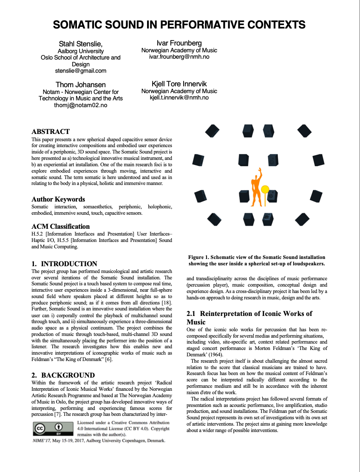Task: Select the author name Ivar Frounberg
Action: click(x=179, y=43)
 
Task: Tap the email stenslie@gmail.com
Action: click(x=80, y=71)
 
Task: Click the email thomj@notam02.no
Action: click(x=80, y=105)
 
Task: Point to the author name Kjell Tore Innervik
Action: click(x=179, y=84)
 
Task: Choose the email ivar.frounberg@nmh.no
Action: click(x=179, y=57)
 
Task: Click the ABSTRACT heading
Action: click(x=51, y=131)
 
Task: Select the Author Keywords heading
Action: click(x=58, y=199)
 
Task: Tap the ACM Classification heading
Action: click(x=61, y=226)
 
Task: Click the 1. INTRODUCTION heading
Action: click(x=65, y=264)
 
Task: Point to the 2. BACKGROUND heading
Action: click(x=63, y=375)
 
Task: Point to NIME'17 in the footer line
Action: click(x=41, y=441)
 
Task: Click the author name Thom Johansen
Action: click(x=80, y=85)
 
